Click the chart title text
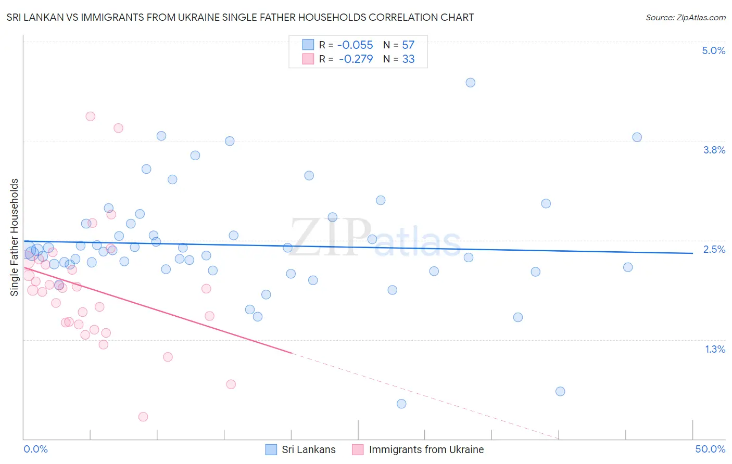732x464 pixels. (240, 17)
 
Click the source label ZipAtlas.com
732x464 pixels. (685, 17)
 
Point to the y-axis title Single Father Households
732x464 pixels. (14, 237)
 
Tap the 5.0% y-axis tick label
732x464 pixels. (713, 50)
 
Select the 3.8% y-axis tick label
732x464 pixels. (714, 150)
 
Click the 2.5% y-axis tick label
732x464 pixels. (714, 249)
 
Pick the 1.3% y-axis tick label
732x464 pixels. (715, 349)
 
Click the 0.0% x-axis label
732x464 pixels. (35, 449)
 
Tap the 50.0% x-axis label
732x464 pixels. (710, 449)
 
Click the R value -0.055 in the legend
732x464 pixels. (355, 45)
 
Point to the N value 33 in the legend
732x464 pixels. (408, 59)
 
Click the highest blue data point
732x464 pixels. (470, 83)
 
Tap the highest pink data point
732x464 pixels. (90, 117)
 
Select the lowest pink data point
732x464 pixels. (143, 417)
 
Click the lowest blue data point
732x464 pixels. (401, 404)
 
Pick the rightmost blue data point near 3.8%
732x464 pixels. (637, 137)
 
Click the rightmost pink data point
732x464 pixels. (231, 384)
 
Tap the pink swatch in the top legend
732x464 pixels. (308, 59)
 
